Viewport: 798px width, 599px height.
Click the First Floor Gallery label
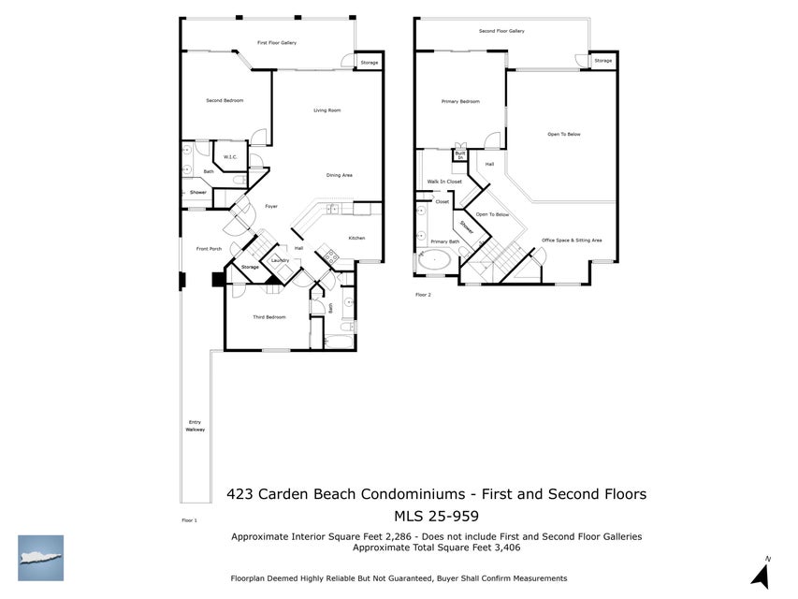click(277, 43)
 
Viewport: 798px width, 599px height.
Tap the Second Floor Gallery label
click(501, 31)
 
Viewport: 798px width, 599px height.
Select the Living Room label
click(326, 110)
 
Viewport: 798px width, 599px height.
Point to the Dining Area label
click(339, 175)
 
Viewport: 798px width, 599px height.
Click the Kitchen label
click(356, 238)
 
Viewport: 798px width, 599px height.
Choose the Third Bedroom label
click(269, 317)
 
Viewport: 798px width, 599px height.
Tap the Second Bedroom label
click(225, 100)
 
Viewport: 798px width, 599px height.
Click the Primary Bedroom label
click(460, 101)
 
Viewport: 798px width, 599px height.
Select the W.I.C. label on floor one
click(230, 157)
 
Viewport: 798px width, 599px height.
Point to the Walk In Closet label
click(444, 182)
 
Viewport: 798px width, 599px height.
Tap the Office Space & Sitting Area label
click(572, 241)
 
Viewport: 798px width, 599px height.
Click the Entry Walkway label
click(195, 426)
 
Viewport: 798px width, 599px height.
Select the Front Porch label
click(209, 249)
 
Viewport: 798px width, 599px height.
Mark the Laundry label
click(280, 260)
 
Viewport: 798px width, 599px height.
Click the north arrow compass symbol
click(761, 572)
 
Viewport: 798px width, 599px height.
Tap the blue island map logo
click(41, 558)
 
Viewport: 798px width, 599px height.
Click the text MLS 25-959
click(436, 516)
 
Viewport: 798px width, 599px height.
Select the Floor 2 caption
click(423, 295)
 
